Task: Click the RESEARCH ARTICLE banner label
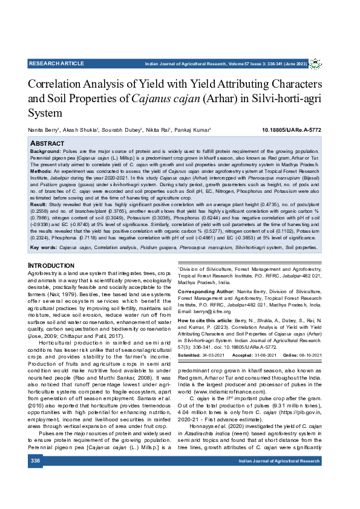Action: [56, 63]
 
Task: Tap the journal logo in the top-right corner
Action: [315, 64]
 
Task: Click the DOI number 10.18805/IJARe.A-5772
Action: [291, 130]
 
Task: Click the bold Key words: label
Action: [44, 248]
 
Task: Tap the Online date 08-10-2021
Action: [309, 354]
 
